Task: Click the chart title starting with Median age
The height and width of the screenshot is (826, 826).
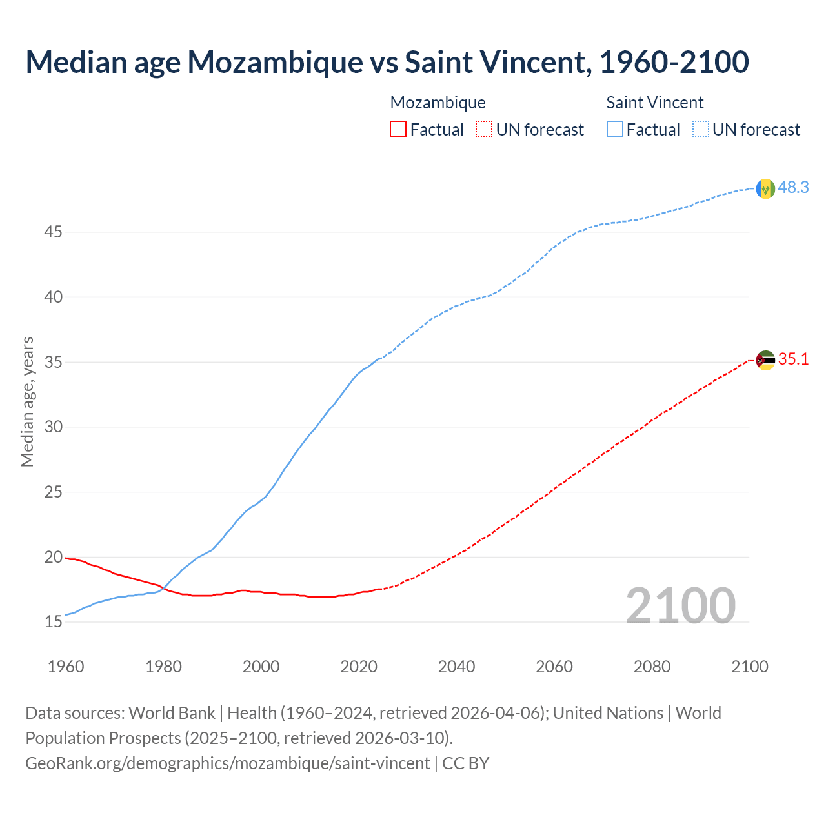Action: [387, 62]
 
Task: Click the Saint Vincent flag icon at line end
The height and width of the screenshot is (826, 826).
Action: [765, 188]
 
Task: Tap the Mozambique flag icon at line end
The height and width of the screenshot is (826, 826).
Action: [765, 360]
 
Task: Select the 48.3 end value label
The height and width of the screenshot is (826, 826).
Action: [793, 187]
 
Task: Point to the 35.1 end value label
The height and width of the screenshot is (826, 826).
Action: [793, 359]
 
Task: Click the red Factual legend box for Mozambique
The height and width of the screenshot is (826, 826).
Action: [398, 130]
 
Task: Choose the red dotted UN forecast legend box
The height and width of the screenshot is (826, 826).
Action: [484, 130]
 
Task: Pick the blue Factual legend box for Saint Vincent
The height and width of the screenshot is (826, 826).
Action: [614, 130]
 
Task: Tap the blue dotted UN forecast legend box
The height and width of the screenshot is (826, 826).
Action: [700, 130]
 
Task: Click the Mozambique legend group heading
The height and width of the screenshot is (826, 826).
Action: [438, 103]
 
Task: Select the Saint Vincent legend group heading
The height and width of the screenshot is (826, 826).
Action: [654, 103]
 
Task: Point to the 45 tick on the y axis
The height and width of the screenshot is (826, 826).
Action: [53, 232]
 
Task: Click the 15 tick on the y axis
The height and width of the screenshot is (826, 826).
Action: [53, 622]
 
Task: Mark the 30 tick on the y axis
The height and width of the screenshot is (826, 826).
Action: [53, 427]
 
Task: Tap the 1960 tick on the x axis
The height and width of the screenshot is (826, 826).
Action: [66, 667]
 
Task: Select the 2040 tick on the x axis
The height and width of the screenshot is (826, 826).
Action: [456, 667]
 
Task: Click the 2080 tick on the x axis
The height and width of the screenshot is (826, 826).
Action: [652, 667]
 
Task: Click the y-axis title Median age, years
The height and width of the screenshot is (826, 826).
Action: [27, 401]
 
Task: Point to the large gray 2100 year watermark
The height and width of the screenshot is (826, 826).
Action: [680, 605]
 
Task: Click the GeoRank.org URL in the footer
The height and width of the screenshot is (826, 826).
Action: [227, 763]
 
